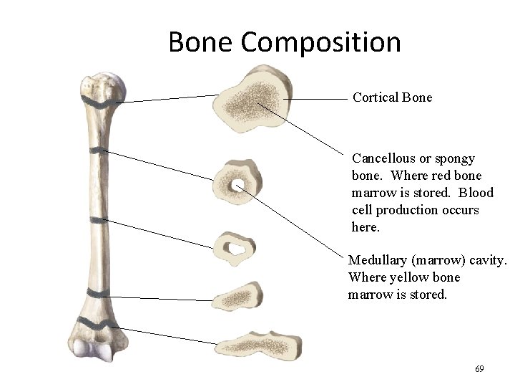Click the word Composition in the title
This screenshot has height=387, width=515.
click(321, 42)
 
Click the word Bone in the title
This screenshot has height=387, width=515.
click(202, 42)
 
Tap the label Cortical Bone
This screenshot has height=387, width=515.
click(393, 97)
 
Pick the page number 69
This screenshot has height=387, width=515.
click(479, 369)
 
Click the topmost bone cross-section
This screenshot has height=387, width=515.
click(251, 98)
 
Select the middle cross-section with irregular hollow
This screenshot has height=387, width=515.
click(237, 248)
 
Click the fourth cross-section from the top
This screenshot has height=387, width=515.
click(239, 295)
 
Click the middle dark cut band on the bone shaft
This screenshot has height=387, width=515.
click(94, 219)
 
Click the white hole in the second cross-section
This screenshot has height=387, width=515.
click(239, 186)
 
